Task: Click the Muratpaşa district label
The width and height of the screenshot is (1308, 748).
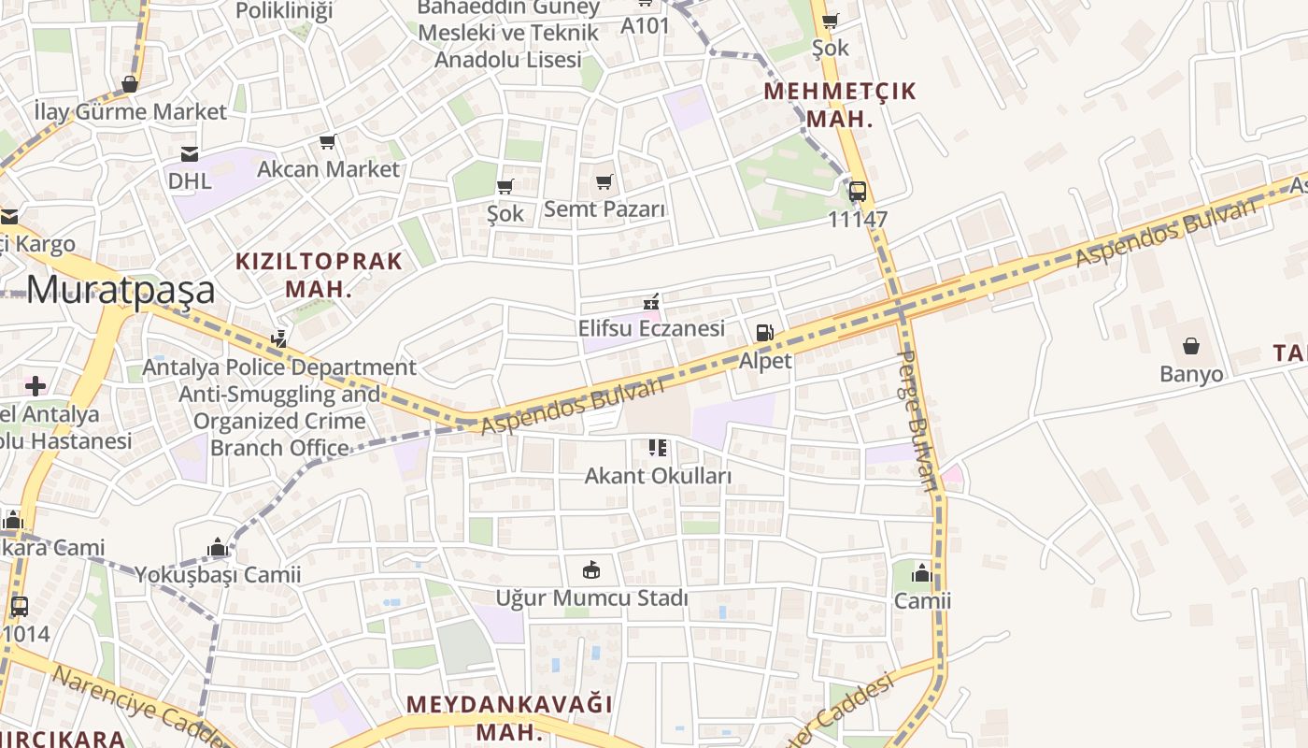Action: coord(121,291)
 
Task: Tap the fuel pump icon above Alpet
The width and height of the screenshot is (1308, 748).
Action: coord(764,333)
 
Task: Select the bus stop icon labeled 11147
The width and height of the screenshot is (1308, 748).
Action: coord(857,192)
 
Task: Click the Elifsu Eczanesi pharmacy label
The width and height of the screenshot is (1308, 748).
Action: coord(651,328)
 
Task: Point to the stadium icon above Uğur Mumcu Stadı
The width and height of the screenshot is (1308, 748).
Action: coord(591,569)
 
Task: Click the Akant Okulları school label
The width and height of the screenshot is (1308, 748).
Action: coord(658,476)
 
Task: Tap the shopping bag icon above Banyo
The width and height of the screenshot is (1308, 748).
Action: coord(1191,347)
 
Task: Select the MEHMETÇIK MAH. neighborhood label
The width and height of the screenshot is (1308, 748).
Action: coord(840,105)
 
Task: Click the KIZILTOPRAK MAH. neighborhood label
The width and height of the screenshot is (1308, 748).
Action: coord(319,274)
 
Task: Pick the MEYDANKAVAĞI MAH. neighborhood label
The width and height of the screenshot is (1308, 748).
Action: coord(509,716)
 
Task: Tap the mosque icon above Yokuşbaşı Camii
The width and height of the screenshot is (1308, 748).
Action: coord(218,547)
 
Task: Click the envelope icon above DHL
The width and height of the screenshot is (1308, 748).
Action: coord(190,154)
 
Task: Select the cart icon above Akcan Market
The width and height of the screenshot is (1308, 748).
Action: coord(327,142)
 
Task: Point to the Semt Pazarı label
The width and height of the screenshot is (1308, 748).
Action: coord(604,209)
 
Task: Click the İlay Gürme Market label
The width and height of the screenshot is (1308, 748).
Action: coord(130,112)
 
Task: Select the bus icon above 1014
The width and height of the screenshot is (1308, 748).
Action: coord(20,606)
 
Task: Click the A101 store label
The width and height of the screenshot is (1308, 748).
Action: coord(646,25)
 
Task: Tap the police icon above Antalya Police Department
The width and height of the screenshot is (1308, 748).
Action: coord(278,338)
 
